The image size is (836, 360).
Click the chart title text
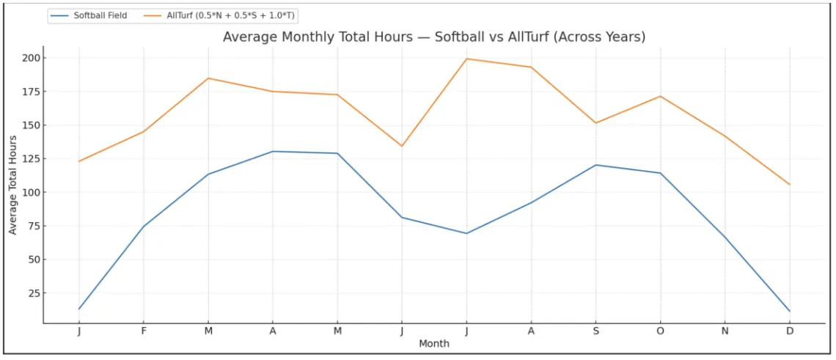(x=434, y=37)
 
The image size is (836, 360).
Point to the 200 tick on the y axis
(x=32, y=58)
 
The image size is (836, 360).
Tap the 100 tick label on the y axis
(x=32, y=192)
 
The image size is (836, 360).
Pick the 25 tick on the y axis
(x=35, y=293)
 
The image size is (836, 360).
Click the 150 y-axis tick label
(x=32, y=125)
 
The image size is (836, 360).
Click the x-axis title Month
(x=434, y=343)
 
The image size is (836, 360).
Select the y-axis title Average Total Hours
(x=12, y=185)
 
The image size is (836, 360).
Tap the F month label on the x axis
(x=144, y=331)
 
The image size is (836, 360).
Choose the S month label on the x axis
(x=595, y=331)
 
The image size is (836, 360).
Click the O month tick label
(x=660, y=331)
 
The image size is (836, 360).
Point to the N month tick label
(x=725, y=331)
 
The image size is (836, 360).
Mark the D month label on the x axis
(x=790, y=331)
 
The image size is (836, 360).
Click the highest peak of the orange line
(x=466, y=59)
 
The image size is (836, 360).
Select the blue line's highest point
(x=273, y=151)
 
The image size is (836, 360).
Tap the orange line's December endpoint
(x=790, y=185)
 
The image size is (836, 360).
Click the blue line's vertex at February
(x=144, y=226)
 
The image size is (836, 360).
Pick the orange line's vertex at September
(x=595, y=122)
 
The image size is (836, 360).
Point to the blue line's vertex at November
(x=725, y=237)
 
